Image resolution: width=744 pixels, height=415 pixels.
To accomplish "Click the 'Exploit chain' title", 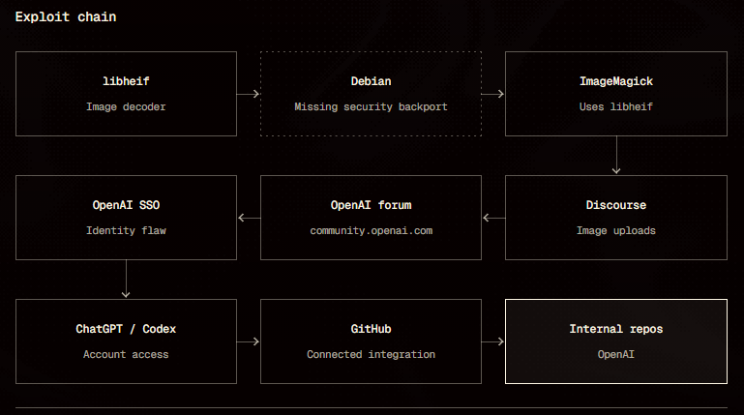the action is [66, 17].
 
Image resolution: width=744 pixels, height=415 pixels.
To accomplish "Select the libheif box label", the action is [126, 81].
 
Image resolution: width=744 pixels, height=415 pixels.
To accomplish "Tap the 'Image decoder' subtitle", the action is [126, 106].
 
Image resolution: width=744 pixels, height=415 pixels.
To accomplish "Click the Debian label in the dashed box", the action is [372, 81].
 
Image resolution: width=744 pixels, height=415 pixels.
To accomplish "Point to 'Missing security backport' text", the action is [372, 106].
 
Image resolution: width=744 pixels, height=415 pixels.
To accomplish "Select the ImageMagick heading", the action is [616, 81].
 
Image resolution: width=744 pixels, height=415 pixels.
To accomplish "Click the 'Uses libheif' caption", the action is [616, 106].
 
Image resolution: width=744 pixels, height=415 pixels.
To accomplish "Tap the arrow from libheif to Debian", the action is [248, 94].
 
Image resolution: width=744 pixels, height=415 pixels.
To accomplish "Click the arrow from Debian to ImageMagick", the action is [493, 94].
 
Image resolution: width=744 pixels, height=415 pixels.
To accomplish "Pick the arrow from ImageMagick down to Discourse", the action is [616, 155].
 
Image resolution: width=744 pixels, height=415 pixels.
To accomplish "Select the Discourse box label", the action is [616, 205].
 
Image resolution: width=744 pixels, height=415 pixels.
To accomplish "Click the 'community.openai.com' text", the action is [372, 230].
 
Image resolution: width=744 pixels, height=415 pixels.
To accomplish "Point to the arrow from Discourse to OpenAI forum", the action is [494, 218].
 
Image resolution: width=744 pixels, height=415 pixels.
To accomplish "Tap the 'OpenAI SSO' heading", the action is [126, 205].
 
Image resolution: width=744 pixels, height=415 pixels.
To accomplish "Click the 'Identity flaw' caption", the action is [126, 230].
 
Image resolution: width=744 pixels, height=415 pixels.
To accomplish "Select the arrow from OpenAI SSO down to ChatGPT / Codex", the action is [126, 279].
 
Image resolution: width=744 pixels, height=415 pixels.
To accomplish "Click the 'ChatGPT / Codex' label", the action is [126, 329].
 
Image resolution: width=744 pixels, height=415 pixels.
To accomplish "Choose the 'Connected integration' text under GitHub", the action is [372, 354].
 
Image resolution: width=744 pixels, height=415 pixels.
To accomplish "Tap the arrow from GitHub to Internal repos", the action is [493, 341].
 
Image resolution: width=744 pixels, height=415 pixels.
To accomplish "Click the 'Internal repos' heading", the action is [616, 329].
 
